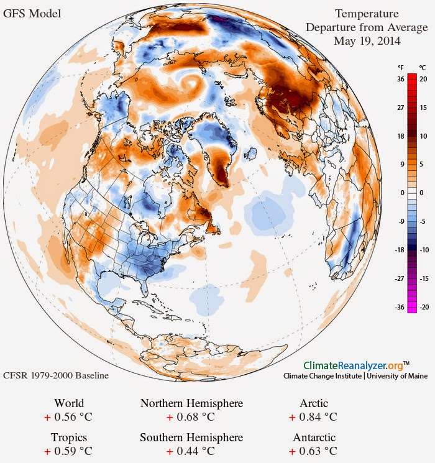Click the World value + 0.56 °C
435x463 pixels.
click(x=68, y=417)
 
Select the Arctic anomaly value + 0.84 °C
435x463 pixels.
click(x=313, y=417)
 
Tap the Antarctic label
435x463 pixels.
click(x=314, y=438)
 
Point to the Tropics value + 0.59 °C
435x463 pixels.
click(x=68, y=451)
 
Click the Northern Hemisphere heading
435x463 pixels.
click(x=191, y=403)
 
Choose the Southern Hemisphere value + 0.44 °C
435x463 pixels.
click(x=191, y=451)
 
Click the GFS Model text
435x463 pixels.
click(x=32, y=14)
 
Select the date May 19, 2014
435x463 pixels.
click(x=367, y=41)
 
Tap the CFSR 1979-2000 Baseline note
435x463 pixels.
click(x=56, y=375)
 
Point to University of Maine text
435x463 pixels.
click(x=397, y=376)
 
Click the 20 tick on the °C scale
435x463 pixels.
click(x=423, y=79)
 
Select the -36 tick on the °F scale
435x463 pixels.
click(x=400, y=307)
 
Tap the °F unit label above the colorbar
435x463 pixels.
click(x=400, y=68)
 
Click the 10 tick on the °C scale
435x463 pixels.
click(x=423, y=136)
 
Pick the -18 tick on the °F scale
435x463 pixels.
click(x=400, y=250)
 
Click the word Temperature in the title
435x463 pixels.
click(x=367, y=14)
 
